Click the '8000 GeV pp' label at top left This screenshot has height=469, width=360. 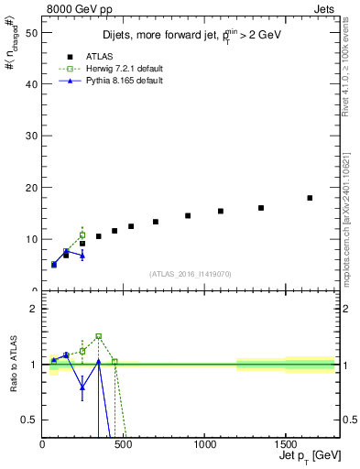73,8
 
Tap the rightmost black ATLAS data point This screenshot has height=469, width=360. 310,198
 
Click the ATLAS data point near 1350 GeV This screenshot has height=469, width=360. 261,208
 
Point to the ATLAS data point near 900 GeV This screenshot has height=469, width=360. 188,216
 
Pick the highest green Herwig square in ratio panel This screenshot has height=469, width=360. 98,336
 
